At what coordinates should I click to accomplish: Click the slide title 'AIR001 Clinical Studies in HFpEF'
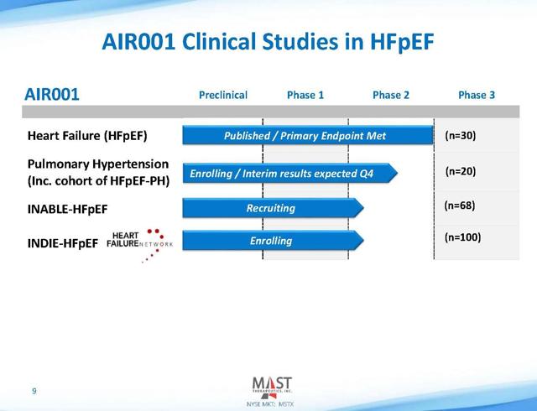pyautogui.click(x=268, y=42)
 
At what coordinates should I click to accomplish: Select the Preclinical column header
pyautogui.click(x=223, y=95)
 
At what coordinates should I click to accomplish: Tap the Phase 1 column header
pyautogui.click(x=305, y=95)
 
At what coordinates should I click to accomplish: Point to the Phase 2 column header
pyautogui.click(x=391, y=95)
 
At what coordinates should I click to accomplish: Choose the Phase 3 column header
pyautogui.click(x=477, y=95)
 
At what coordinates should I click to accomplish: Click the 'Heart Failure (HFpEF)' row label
pyautogui.click(x=87, y=136)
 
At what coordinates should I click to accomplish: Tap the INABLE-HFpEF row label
pyautogui.click(x=67, y=209)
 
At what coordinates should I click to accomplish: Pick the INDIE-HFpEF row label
pyautogui.click(x=63, y=243)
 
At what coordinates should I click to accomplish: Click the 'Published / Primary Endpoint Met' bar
pyautogui.click(x=308, y=135)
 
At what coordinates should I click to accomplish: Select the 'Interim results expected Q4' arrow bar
pyautogui.click(x=289, y=173)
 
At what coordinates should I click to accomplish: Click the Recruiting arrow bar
pyautogui.click(x=273, y=208)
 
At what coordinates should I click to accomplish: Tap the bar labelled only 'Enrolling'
pyautogui.click(x=273, y=241)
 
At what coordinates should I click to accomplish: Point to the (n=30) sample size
pyautogui.click(x=461, y=136)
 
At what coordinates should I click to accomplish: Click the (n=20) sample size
pyautogui.click(x=461, y=171)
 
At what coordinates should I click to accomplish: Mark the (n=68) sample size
pyautogui.click(x=460, y=205)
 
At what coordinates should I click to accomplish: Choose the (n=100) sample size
pyautogui.click(x=462, y=237)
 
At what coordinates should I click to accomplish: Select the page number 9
pyautogui.click(x=34, y=391)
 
